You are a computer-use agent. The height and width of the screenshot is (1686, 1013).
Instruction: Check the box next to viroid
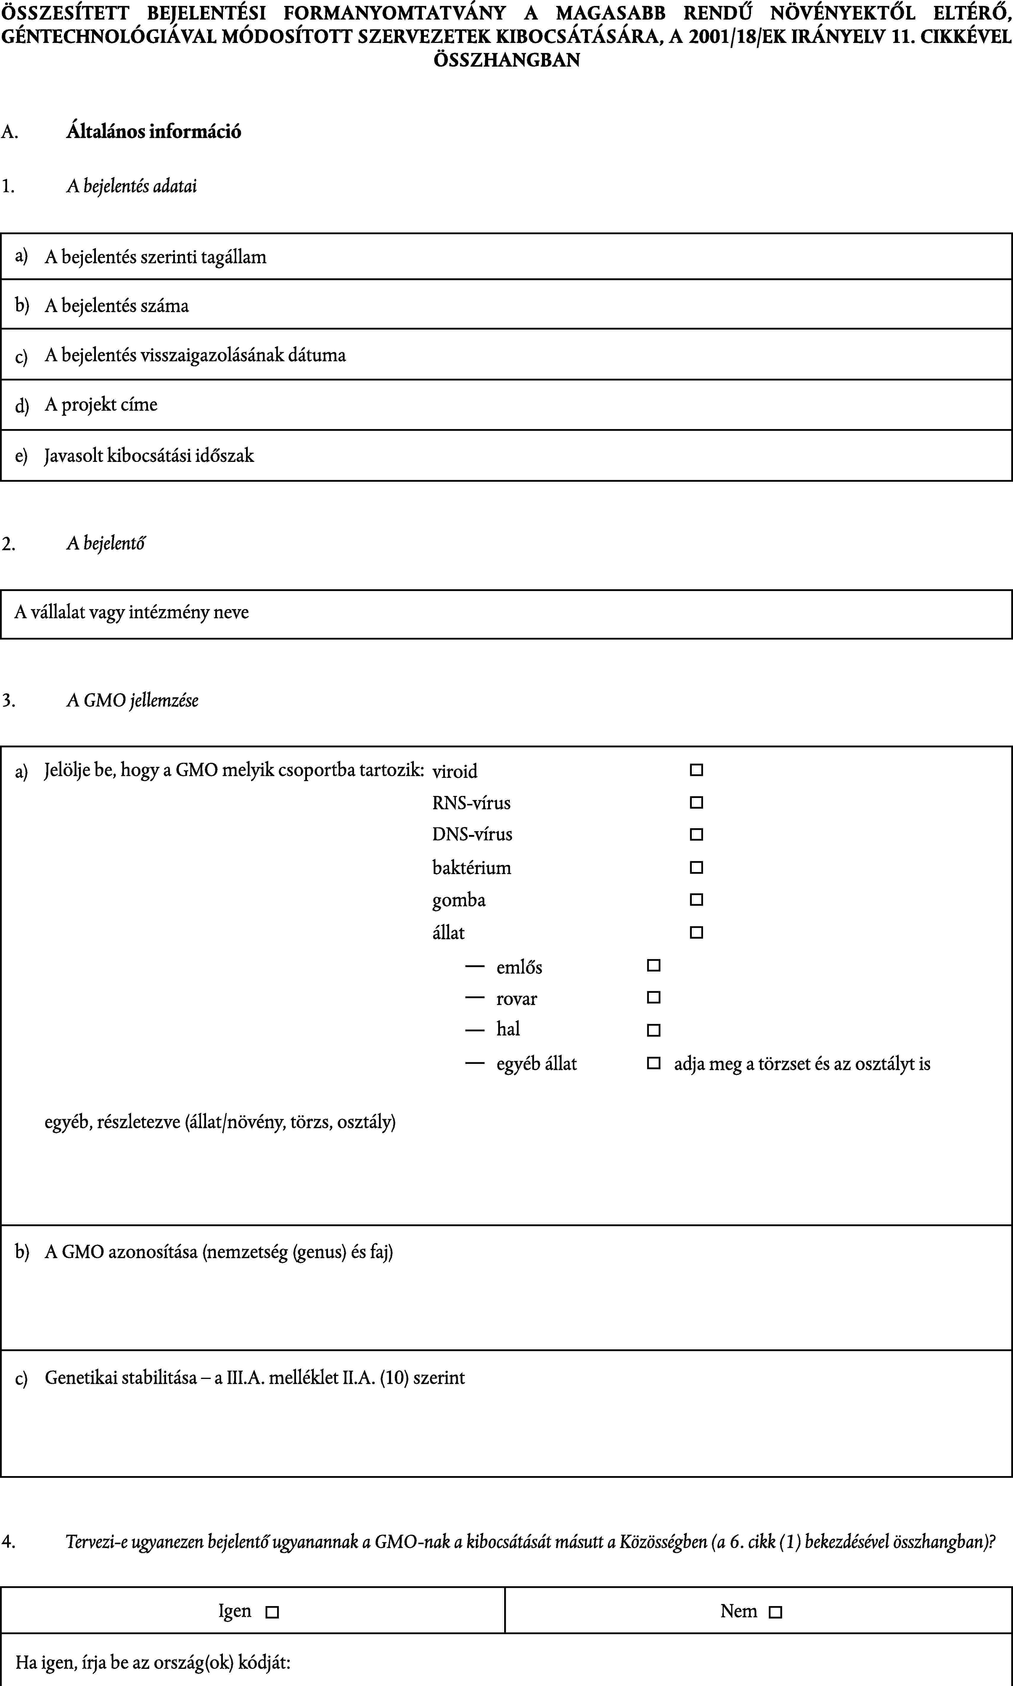click(x=696, y=770)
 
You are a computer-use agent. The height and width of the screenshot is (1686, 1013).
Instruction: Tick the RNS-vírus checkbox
click(x=696, y=802)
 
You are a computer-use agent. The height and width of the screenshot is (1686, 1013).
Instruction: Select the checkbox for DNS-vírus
click(x=696, y=834)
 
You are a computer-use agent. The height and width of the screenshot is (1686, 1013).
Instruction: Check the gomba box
click(x=696, y=900)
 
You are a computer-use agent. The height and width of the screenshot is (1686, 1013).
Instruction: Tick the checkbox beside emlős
click(x=653, y=965)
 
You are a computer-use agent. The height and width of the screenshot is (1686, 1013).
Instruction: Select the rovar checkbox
click(x=653, y=997)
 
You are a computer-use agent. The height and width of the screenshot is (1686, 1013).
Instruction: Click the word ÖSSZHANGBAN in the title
click(x=506, y=60)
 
